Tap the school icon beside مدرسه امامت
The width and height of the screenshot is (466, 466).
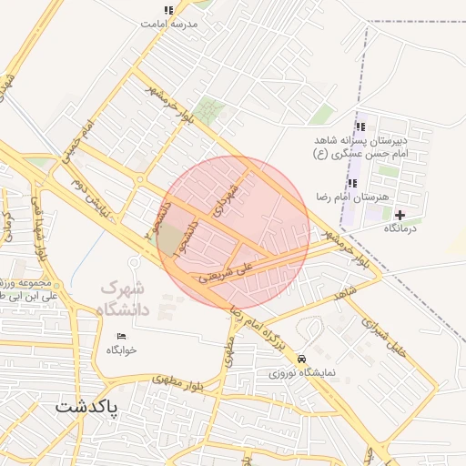coord(168,10)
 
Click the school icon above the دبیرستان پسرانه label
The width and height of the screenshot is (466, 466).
coord(360,127)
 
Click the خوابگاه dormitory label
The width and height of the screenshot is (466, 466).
coord(121,350)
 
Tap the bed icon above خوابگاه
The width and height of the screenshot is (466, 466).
coord(121,337)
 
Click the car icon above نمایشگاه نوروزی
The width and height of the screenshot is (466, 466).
coord(301,359)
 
